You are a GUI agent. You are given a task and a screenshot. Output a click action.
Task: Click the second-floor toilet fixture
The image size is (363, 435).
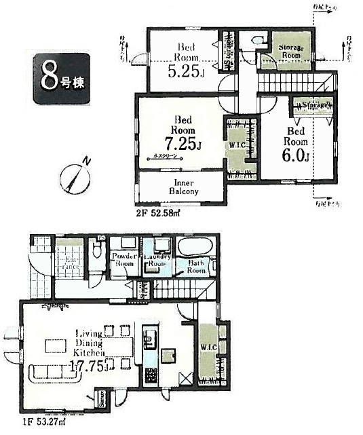pos(256,41)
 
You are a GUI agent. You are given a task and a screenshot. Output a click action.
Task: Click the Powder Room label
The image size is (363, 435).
pos(126,261)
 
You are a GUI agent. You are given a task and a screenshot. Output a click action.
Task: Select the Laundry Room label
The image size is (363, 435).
pos(157,261)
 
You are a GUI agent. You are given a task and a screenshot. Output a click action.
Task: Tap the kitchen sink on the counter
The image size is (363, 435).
pos(149,337)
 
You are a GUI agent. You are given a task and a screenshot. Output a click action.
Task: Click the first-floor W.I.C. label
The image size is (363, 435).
pos(208,347)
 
